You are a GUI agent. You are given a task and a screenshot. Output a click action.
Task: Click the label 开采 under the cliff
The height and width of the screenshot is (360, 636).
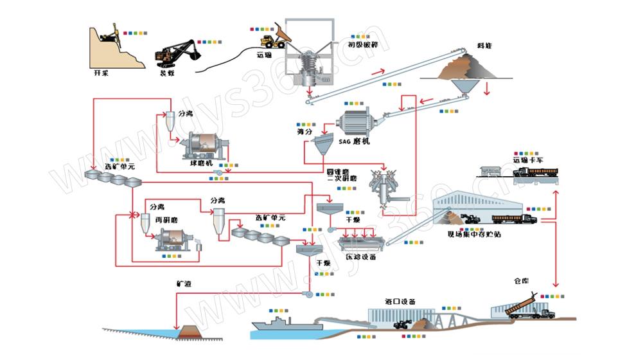click(x=102, y=73)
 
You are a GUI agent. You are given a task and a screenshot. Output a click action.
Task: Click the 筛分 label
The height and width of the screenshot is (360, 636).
click(x=305, y=132)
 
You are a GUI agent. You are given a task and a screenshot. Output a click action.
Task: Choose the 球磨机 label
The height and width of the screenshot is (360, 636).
click(x=201, y=164)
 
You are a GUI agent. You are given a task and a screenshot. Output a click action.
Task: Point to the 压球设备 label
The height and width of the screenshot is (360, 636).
click(x=360, y=256)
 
